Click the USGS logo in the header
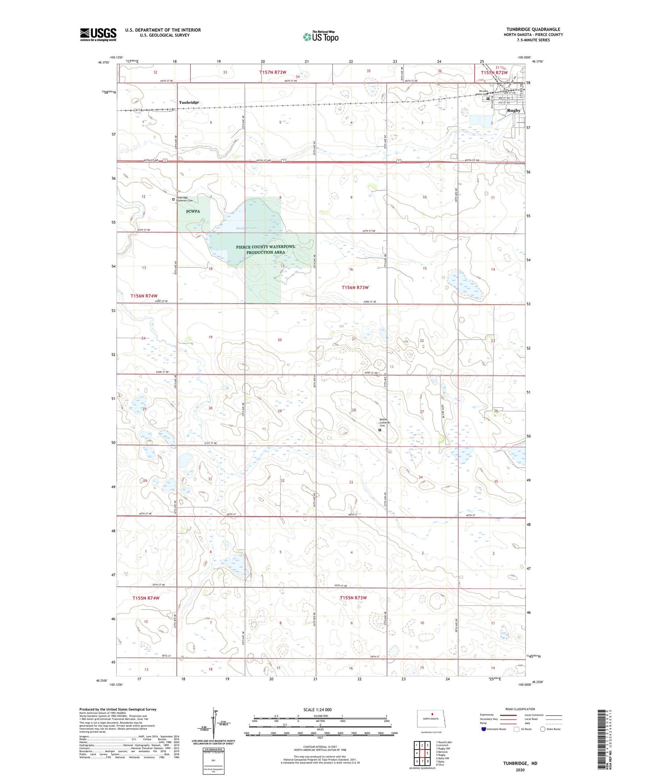[98, 34]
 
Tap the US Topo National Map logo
[320, 37]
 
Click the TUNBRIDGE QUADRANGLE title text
[533, 29]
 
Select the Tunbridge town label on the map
[189, 103]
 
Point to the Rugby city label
[514, 110]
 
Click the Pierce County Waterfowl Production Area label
[266, 249]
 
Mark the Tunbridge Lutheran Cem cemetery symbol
[173, 199]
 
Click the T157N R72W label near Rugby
[494, 73]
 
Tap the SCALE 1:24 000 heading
[317, 710]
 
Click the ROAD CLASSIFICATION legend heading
[520, 709]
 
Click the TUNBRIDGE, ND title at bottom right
[520, 763]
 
